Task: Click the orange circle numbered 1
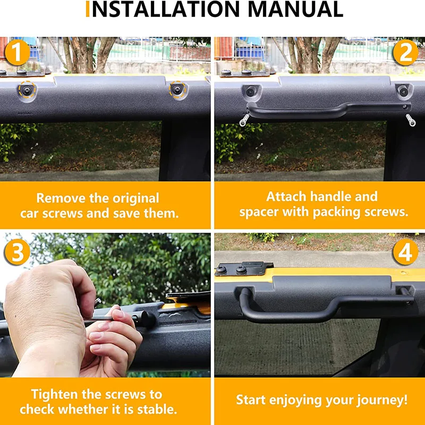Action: pos(17,53)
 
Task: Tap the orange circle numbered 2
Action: pos(405,53)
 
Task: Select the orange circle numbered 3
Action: pos(17,252)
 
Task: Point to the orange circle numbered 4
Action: pos(405,252)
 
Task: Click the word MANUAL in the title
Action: pos(295,9)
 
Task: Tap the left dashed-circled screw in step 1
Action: pos(27,90)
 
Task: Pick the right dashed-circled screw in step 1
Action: pos(177,89)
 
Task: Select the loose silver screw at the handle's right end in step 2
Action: pos(410,121)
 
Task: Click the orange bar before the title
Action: pos(88,9)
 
